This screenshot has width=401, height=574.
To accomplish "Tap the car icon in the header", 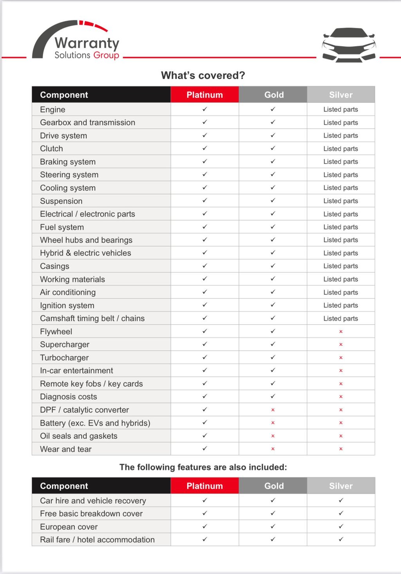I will pos(349,45).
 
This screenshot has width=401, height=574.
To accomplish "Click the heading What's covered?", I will pos(203,75).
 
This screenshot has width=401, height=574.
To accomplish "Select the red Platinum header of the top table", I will pos(204,95).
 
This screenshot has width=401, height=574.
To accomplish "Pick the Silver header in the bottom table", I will pos(341,486).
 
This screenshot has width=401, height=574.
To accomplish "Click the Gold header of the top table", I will pos(273,95).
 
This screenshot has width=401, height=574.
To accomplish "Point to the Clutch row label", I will pos(51,149).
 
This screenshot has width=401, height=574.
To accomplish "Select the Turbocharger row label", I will pos(64,358).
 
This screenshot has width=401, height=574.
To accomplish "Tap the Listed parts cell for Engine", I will pos(340,109).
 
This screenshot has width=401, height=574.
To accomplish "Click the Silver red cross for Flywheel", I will pos(341,332).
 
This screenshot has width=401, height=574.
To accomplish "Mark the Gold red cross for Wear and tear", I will pos(273,449).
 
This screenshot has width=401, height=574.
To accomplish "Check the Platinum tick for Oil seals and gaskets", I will pos(204,436).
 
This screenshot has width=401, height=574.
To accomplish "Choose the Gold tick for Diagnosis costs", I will pos(273,396).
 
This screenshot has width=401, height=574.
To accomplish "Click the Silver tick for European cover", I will pos(341,526).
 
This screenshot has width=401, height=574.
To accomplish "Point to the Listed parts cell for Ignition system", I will pos(340,305).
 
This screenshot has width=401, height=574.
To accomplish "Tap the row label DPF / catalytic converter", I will pos(84,410).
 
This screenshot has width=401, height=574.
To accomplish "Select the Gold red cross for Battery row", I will pos(273,423).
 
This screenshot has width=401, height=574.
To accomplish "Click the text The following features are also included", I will pos(203,467).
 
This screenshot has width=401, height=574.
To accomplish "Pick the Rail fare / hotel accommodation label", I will pos(97,540).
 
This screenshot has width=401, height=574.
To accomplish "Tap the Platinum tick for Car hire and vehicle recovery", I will pos(204,500).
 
